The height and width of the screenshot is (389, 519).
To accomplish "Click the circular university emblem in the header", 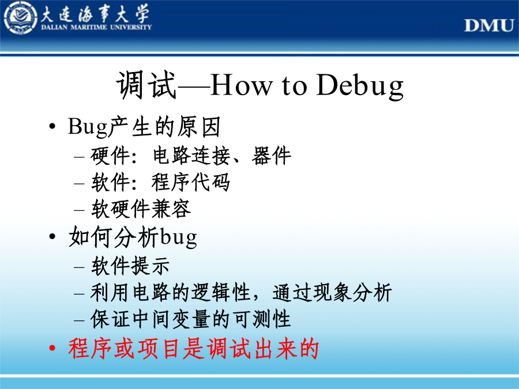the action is coord(21,18).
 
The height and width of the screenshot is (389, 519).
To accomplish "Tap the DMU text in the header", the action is coord(489,25).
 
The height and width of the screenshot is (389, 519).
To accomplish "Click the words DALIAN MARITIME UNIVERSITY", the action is coord(96,27).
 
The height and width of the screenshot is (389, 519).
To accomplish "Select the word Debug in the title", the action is coord(360,86).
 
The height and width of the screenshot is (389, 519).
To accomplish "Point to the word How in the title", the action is coord(241,85).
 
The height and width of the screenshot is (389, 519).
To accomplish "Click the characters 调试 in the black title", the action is coord(146,85).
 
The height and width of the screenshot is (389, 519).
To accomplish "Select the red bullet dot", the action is coord(52,348).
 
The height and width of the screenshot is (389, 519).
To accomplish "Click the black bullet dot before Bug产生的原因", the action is coord(52,126).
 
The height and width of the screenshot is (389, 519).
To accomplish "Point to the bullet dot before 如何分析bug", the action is coord(52,236).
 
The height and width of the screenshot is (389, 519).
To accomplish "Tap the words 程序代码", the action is coord(191,182).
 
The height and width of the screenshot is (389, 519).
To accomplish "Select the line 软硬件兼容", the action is coord(141,209).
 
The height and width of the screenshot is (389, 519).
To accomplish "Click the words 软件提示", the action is coord(130,266).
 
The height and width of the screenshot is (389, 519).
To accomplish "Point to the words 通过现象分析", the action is coord(332,292).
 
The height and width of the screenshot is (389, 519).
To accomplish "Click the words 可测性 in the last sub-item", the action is coord(262,319).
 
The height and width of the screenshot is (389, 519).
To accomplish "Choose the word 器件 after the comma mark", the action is coord(272,156).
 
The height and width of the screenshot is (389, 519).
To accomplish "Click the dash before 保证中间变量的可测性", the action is coord(80,320).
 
